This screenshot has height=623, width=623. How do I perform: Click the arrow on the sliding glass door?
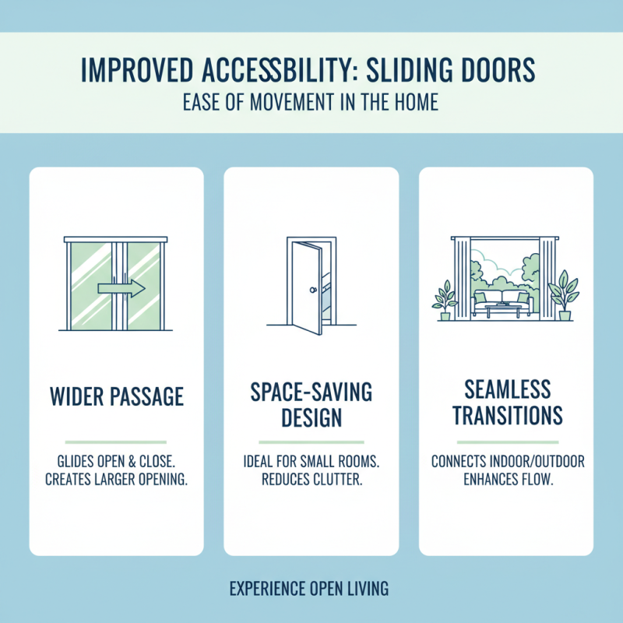(x=121, y=289)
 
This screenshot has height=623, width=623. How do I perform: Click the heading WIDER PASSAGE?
(x=117, y=396)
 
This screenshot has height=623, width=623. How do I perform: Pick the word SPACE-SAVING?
(x=311, y=391)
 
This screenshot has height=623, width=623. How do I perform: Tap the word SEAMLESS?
(x=507, y=389)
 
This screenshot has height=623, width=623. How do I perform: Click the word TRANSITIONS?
(x=507, y=415)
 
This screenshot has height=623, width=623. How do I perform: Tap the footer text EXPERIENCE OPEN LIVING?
(x=309, y=589)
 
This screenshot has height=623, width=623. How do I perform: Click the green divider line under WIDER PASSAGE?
(x=117, y=441)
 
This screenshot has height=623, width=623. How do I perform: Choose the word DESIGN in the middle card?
(x=311, y=417)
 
